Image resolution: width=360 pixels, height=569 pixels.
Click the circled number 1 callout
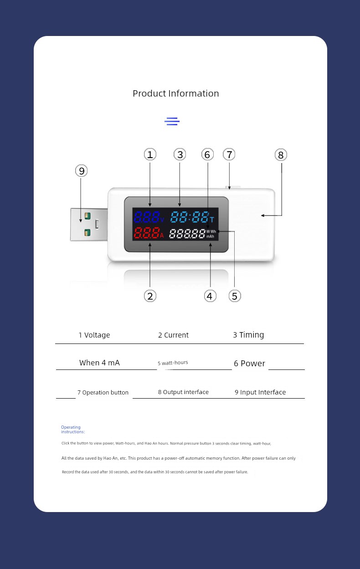(x=150, y=154)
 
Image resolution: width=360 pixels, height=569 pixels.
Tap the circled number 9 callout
(x=81, y=171)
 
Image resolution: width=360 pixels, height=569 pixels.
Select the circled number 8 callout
(x=281, y=155)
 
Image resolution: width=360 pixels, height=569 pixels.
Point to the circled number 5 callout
(x=235, y=296)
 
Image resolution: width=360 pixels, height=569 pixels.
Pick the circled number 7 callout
(x=229, y=154)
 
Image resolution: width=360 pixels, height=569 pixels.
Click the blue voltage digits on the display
(x=147, y=217)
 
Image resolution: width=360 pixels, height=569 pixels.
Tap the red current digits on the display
(x=147, y=232)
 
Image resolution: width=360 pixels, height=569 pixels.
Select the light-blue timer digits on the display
(x=190, y=217)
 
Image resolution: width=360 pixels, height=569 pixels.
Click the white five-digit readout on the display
(x=187, y=233)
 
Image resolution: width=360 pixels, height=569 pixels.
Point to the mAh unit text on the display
(x=210, y=236)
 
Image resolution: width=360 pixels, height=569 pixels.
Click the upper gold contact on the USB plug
(x=87, y=216)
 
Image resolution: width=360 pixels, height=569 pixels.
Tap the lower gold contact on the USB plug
(x=87, y=232)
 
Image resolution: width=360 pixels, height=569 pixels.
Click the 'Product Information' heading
(x=176, y=93)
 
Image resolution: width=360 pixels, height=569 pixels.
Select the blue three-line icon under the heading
(x=172, y=122)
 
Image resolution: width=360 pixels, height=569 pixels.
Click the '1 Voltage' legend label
(x=94, y=335)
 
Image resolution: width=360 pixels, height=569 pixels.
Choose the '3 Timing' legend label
(x=248, y=335)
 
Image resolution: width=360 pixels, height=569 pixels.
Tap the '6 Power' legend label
(x=249, y=364)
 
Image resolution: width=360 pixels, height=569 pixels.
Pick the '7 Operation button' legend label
(x=103, y=392)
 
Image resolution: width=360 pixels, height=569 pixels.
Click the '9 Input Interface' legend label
(x=260, y=392)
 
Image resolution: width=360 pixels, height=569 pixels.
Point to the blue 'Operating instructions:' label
(x=73, y=429)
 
